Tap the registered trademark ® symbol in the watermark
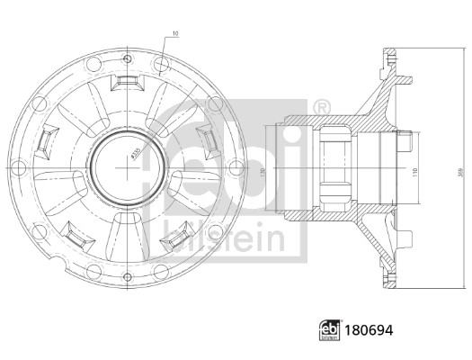pos(321,108)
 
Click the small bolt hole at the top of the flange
pos(125,49)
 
